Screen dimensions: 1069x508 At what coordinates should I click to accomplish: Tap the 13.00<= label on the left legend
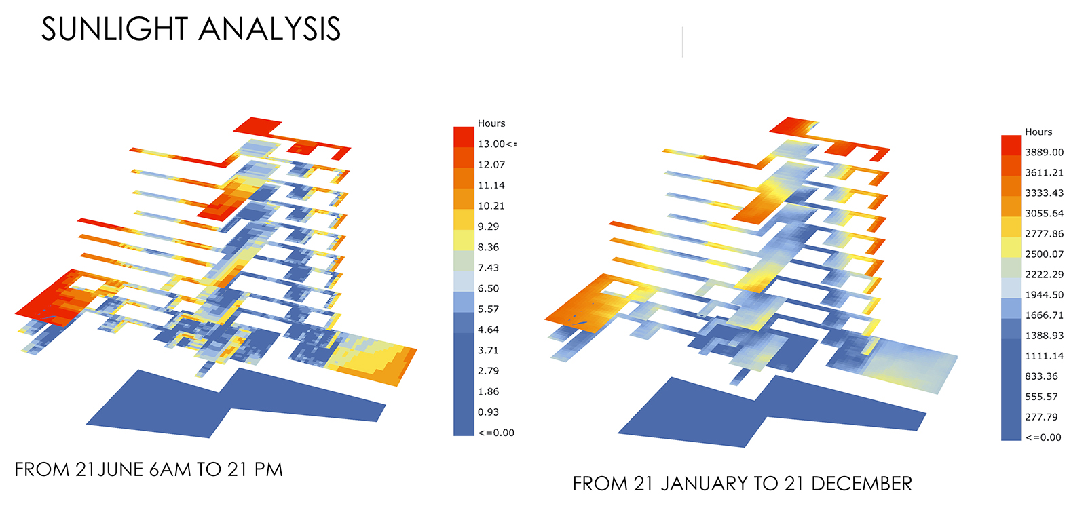pyautogui.click(x=497, y=144)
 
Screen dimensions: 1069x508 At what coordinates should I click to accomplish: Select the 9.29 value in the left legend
pyautogui.click(x=488, y=227)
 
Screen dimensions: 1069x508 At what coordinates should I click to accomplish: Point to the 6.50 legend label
pyautogui.click(x=488, y=288)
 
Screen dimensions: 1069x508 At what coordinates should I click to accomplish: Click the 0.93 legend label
pyautogui.click(x=488, y=412)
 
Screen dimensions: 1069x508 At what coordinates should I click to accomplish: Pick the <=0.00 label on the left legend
pyautogui.click(x=496, y=433)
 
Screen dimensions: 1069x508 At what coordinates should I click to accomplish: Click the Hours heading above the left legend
pyautogui.click(x=491, y=123)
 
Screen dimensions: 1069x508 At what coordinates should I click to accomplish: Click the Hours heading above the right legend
pyautogui.click(x=1038, y=132)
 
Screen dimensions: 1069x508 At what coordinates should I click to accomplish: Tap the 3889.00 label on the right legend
pyautogui.click(x=1044, y=152)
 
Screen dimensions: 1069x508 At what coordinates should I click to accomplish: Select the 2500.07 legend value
pyautogui.click(x=1044, y=254)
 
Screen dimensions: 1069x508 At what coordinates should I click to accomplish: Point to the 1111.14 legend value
pyautogui.click(x=1044, y=356)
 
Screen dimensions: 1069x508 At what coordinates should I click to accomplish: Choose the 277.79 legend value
pyautogui.click(x=1041, y=417)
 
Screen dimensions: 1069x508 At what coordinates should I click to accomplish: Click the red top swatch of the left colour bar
pyautogui.click(x=464, y=137)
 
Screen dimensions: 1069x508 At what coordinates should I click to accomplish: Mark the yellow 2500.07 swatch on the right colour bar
pyautogui.click(x=1011, y=248)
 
